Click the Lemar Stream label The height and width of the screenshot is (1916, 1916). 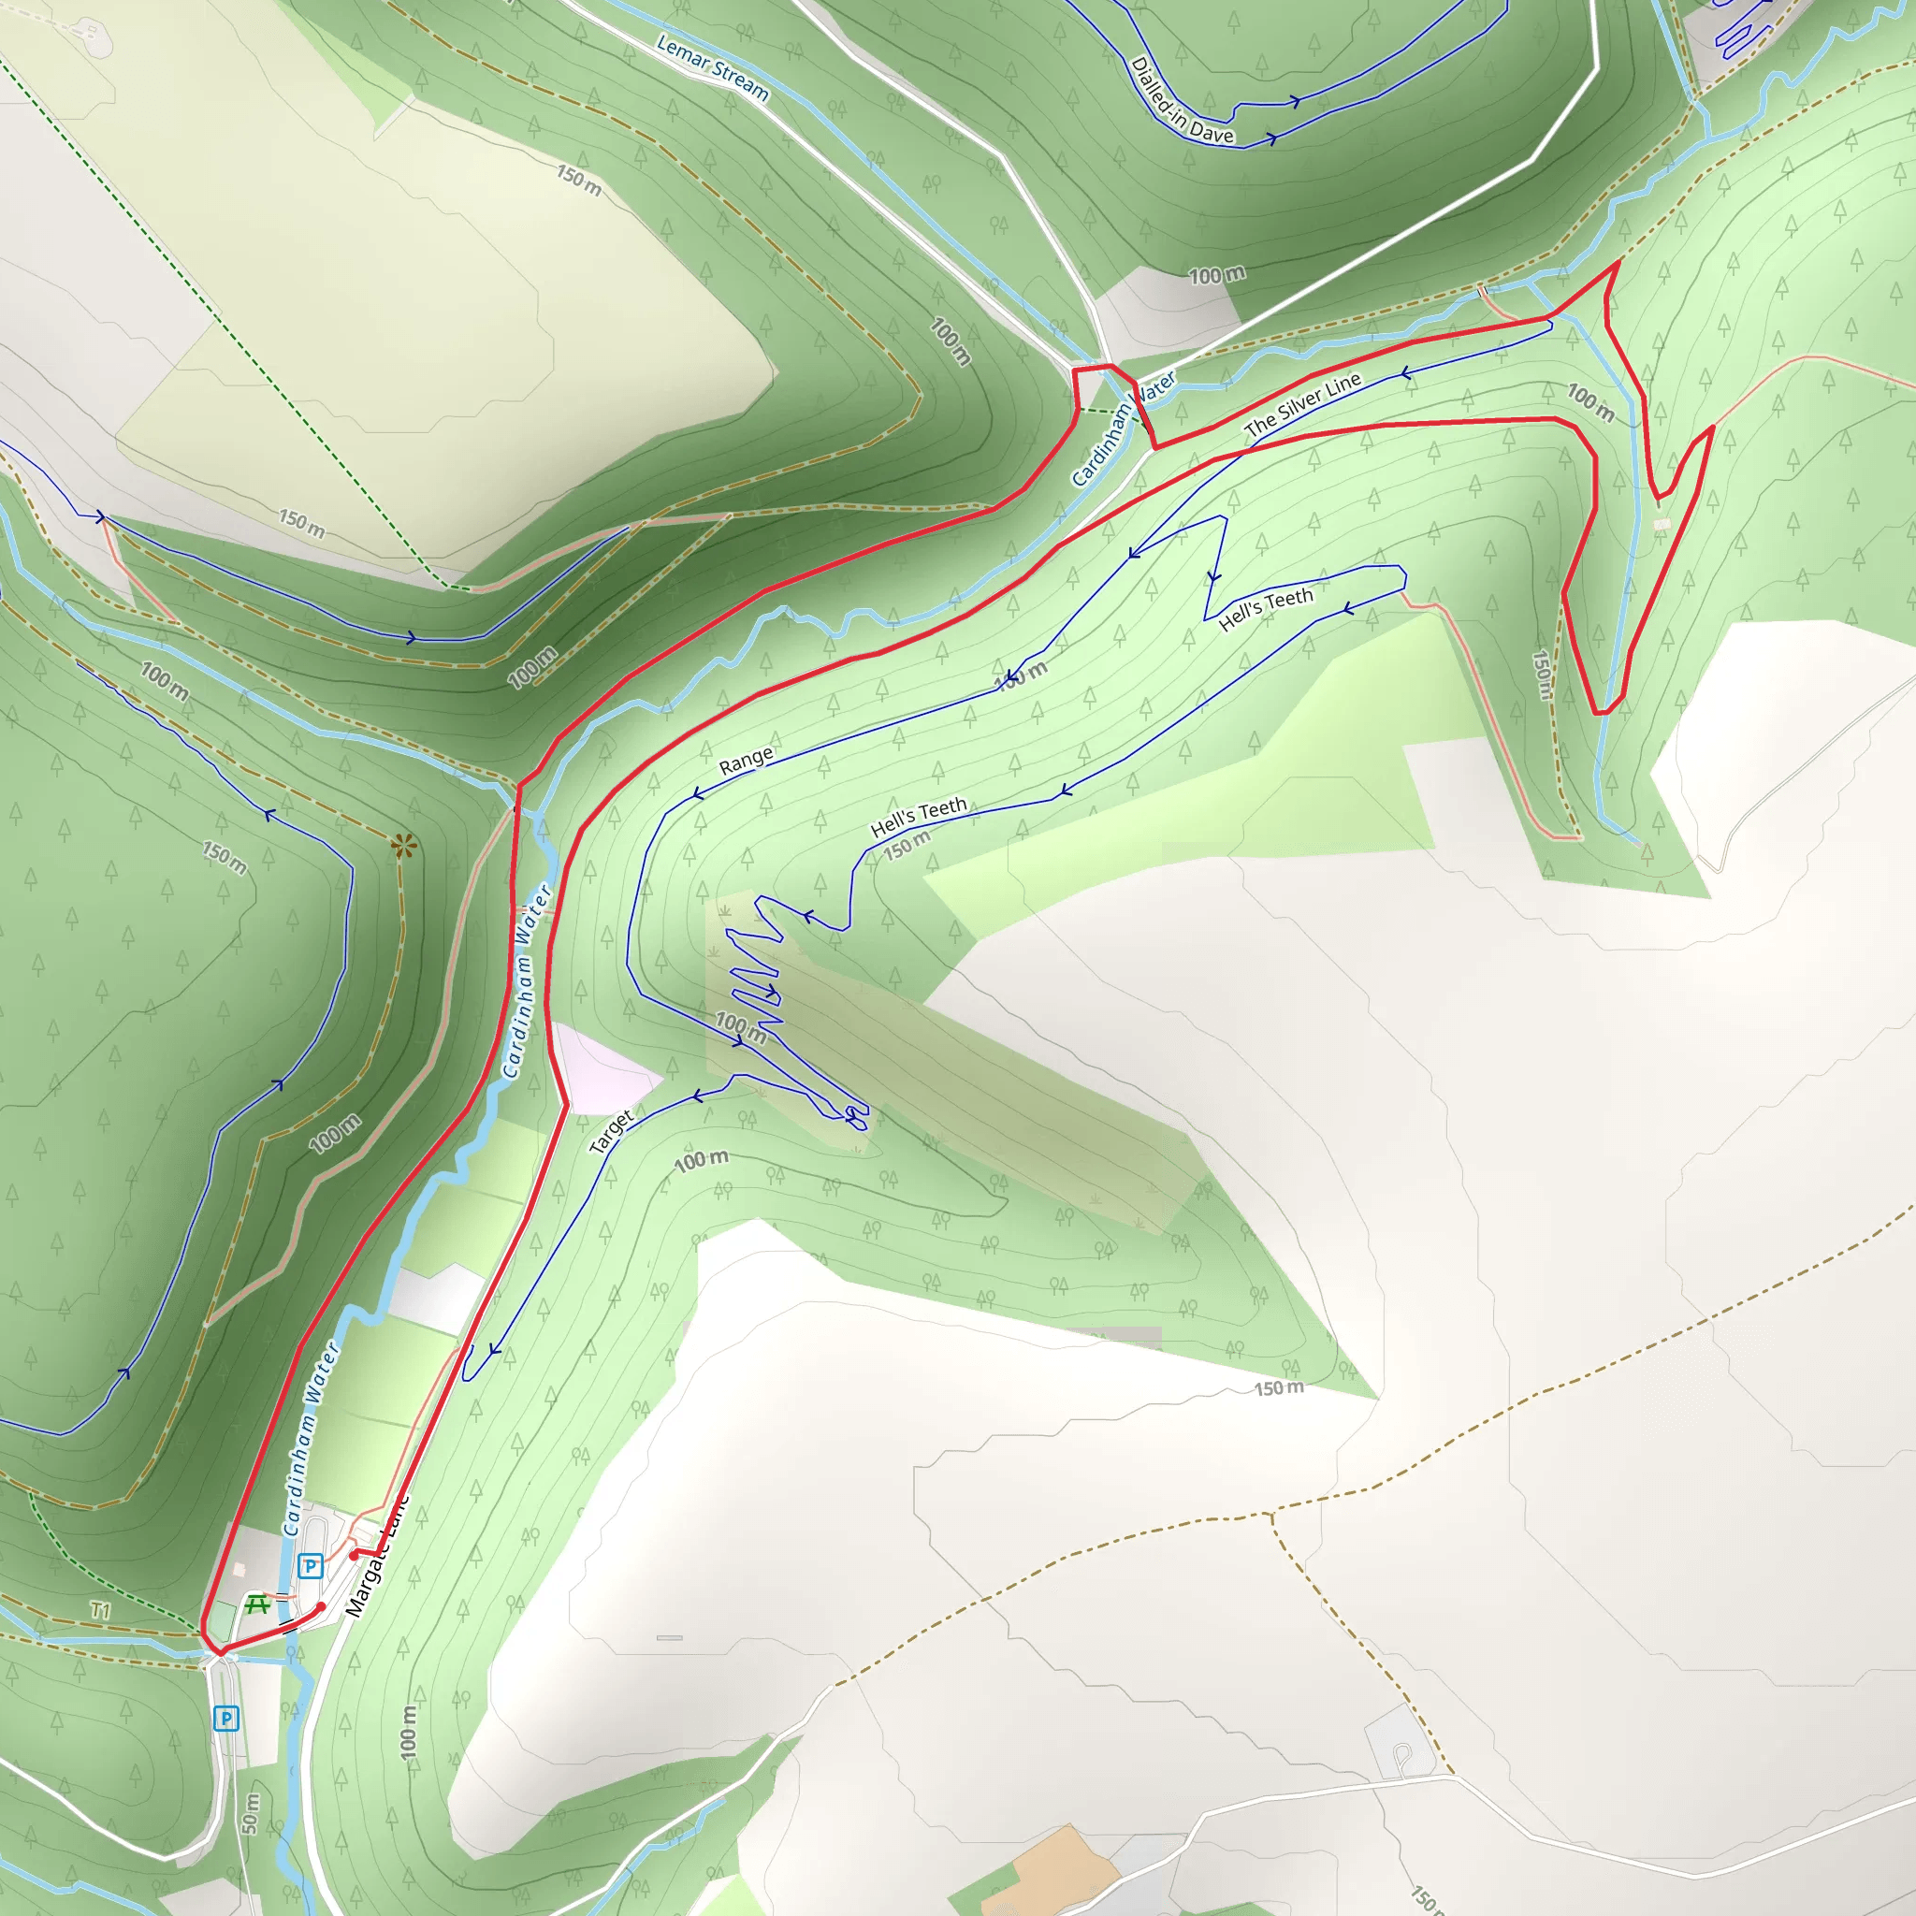[712, 67]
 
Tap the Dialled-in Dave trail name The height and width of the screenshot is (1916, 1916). [1183, 100]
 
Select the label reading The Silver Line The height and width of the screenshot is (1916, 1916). [1302, 404]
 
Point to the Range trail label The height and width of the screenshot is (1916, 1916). [746, 761]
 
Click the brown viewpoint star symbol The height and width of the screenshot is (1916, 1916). [402, 846]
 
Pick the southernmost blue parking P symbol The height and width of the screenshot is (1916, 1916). [226, 1719]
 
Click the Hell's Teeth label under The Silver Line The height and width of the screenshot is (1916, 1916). [1266, 608]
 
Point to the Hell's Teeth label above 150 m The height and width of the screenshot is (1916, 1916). [919, 817]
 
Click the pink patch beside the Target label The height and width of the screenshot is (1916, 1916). [600, 1067]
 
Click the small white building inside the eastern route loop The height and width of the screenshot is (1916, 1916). [1662, 525]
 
